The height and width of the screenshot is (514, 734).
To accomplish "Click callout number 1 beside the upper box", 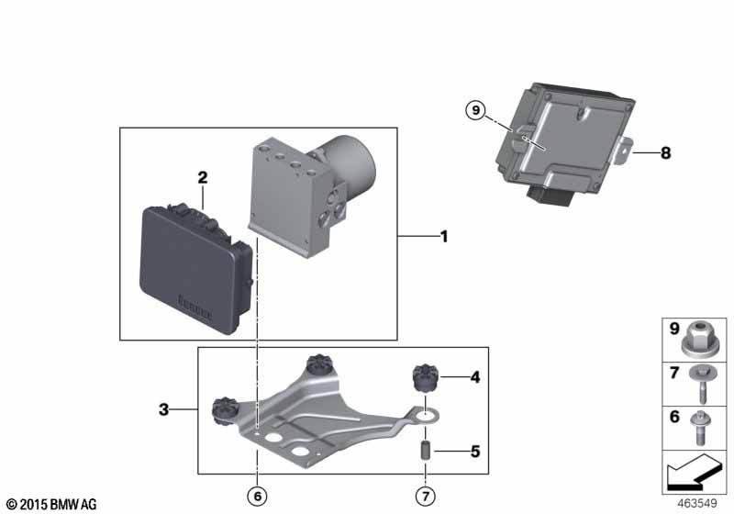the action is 444,237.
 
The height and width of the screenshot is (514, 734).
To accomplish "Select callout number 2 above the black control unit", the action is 202,177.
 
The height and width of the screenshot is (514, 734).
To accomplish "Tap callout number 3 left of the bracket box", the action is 163,409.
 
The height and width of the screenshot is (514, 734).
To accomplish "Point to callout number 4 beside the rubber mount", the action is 475,377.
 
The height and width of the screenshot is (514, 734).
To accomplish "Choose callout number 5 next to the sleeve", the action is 475,452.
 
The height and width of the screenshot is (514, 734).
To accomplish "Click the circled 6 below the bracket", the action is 258,496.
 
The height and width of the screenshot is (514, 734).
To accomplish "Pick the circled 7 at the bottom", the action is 425,496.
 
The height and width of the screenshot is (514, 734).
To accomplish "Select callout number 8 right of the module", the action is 666,152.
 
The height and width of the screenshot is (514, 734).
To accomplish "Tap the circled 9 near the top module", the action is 476,110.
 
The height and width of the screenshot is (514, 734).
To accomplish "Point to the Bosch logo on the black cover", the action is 195,307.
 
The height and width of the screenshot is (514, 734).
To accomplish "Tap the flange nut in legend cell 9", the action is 698,339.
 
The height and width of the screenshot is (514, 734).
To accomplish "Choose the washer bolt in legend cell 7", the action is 702,385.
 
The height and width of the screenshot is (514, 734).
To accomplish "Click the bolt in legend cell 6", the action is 700,428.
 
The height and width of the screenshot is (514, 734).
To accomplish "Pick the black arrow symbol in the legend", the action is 695,472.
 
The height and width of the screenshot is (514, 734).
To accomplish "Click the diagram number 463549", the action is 697,504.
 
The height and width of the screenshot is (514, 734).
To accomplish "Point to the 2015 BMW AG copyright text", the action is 52,504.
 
